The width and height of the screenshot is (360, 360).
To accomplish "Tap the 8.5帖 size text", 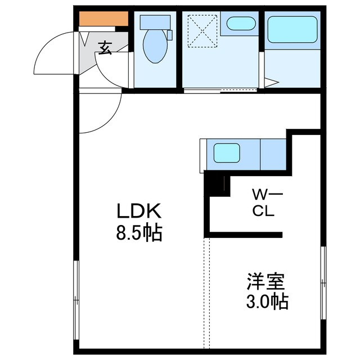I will coord(139,232).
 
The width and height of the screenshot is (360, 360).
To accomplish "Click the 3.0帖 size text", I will coord(266,301).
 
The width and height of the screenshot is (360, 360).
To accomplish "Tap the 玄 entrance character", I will coord(105,48).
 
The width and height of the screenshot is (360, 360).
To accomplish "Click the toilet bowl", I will coord(155,47).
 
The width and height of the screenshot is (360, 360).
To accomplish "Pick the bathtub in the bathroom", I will coord(292,29).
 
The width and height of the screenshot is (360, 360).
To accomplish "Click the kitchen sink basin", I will coord(226,152).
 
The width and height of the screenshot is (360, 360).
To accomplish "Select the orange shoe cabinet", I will coord(103,19).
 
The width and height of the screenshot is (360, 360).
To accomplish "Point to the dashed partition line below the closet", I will coord(206,292).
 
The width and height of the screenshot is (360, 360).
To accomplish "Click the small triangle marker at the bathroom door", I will coord(271,84).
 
